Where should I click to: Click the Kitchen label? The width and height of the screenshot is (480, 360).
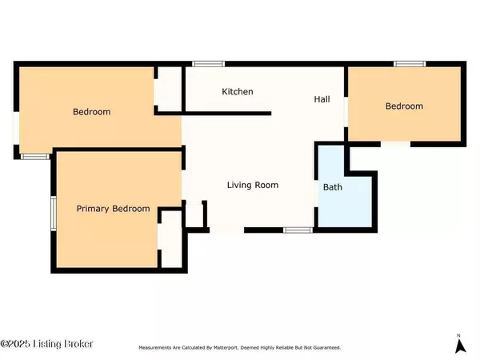[238, 91]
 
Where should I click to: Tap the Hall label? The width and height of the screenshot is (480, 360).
[322, 99]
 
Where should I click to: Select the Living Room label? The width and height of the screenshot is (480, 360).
[253, 185]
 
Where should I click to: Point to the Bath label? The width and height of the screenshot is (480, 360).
[333, 187]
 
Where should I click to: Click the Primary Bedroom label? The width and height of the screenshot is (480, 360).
[113, 209]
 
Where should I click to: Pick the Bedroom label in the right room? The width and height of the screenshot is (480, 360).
[404, 106]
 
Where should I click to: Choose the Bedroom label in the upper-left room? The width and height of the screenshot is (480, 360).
[91, 112]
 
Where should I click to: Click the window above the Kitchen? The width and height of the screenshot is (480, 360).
[208, 64]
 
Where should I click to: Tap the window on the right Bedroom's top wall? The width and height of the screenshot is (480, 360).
[410, 64]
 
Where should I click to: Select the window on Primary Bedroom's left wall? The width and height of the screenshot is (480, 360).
[54, 214]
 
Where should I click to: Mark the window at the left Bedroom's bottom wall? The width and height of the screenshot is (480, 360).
[35, 157]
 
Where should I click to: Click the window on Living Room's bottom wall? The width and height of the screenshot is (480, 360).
[298, 230]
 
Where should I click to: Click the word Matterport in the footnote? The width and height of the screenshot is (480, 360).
[226, 348]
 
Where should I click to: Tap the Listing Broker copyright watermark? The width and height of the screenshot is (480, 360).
[46, 344]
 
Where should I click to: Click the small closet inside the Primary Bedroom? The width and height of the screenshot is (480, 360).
[171, 239]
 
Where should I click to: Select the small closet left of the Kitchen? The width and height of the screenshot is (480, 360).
[170, 89]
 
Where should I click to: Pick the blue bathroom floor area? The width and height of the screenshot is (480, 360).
[345, 197]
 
